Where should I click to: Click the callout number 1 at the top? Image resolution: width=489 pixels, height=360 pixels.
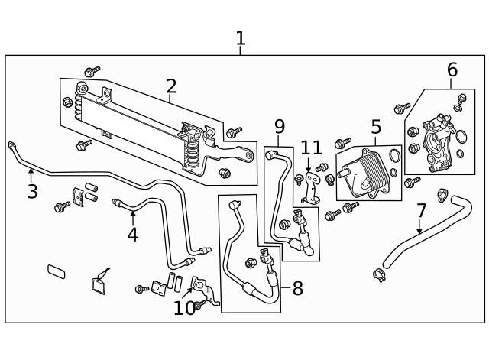(x=241, y=37)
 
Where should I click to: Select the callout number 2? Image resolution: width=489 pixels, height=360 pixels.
(x=171, y=86)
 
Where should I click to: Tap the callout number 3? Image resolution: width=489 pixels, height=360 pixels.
(x=31, y=191)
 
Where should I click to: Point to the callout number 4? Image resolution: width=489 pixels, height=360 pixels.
(x=132, y=234)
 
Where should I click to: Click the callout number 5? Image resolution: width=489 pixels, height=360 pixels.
(x=376, y=126)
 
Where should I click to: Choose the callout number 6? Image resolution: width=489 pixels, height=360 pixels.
(x=452, y=70)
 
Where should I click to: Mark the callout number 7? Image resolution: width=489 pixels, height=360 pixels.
(x=421, y=209)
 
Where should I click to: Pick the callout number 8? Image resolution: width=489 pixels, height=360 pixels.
(x=297, y=288)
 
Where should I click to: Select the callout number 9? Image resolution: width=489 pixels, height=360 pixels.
(x=279, y=126)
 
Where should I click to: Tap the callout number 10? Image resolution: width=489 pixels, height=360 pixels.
(x=184, y=308)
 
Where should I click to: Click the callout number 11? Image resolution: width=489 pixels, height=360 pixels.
(x=310, y=148)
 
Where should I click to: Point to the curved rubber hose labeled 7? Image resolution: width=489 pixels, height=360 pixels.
(x=416, y=238)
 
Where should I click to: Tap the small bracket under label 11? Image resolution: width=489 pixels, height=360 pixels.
(x=310, y=188)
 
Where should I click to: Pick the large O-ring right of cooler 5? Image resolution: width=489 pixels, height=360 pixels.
(x=394, y=157)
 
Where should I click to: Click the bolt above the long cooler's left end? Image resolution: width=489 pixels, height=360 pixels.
(x=92, y=72)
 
